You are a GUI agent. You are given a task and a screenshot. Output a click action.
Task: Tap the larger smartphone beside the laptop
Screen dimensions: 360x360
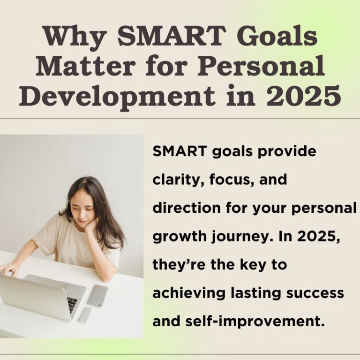coord(97,296)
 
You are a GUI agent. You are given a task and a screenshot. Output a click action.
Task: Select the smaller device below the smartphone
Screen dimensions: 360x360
coord(85,315)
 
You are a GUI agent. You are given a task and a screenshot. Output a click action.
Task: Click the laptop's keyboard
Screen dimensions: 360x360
coord(72,304)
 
